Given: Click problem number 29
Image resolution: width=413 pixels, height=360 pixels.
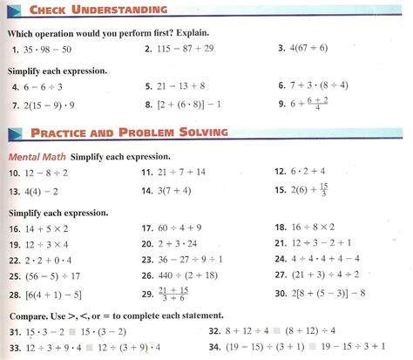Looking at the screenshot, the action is tap(146, 295).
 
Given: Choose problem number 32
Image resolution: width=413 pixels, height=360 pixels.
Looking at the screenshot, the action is tap(214, 331).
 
